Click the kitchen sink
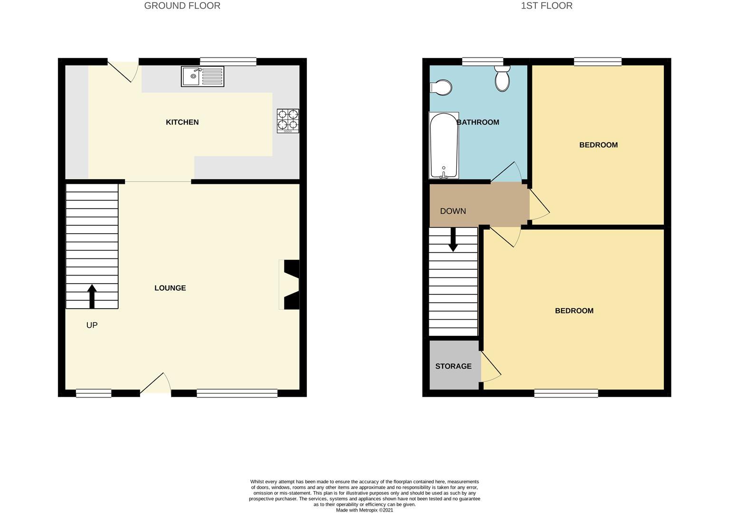pyautogui.click(x=202, y=76)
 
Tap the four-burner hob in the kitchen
pyautogui.click(x=288, y=121)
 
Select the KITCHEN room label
pyautogui.click(x=182, y=122)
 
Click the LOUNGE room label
pyautogui.click(x=170, y=288)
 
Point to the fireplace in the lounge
pyautogui.click(x=289, y=285)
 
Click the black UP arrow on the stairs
pyautogui.click(x=92, y=296)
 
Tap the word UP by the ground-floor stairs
pyautogui.click(x=92, y=325)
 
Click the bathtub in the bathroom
pyautogui.click(x=444, y=145)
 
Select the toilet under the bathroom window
pyautogui.click(x=502, y=78)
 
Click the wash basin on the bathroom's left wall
pyautogui.click(x=441, y=87)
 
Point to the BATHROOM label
pyautogui.click(x=478, y=122)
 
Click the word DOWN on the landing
pyautogui.click(x=453, y=211)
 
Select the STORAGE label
pyautogui.click(x=454, y=366)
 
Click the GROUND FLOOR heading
pyautogui.click(x=182, y=6)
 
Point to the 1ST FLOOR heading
pyautogui.click(x=547, y=6)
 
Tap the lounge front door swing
pyautogui.click(x=156, y=384)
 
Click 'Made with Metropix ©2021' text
pyautogui.click(x=365, y=510)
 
